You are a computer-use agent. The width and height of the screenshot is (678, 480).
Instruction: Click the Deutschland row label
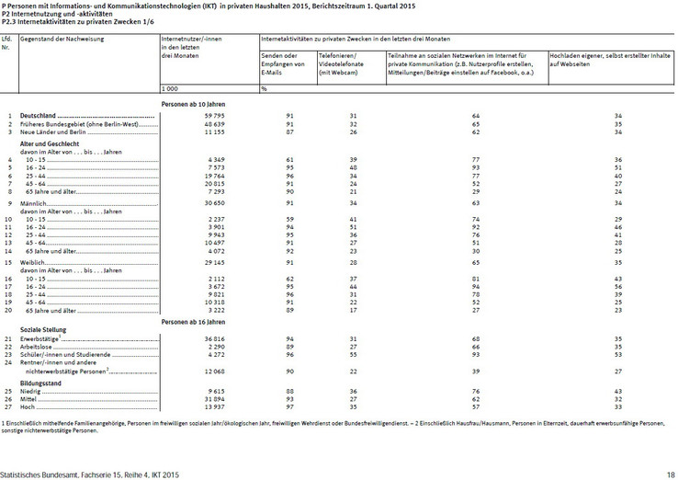[x=39, y=115]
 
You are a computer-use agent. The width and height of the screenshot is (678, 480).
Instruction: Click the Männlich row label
[x=34, y=201]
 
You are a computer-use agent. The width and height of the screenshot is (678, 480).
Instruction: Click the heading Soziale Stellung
[x=42, y=327]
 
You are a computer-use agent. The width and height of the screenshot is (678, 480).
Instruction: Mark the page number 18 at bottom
[x=671, y=474]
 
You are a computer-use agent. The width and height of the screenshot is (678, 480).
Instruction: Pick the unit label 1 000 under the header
[x=169, y=88]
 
